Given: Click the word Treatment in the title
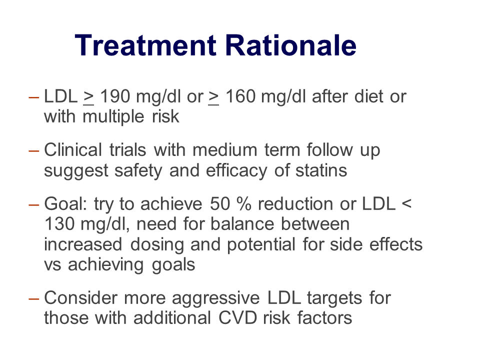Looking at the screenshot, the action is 145,45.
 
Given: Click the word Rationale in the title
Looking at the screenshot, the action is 291,45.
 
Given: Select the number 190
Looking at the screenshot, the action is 115,96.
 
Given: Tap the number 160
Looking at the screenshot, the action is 240,96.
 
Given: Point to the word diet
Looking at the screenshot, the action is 368,96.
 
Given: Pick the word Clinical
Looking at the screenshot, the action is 73,150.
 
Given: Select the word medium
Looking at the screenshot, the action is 224,150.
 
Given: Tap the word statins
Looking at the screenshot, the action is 321,170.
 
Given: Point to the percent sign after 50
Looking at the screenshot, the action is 243,204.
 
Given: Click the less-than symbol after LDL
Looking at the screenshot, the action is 406,204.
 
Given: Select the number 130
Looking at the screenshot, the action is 59,224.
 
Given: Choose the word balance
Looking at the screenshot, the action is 242,224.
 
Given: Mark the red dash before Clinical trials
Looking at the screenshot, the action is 33,150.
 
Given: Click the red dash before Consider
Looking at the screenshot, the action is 33,298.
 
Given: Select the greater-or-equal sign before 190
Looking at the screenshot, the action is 88,97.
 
